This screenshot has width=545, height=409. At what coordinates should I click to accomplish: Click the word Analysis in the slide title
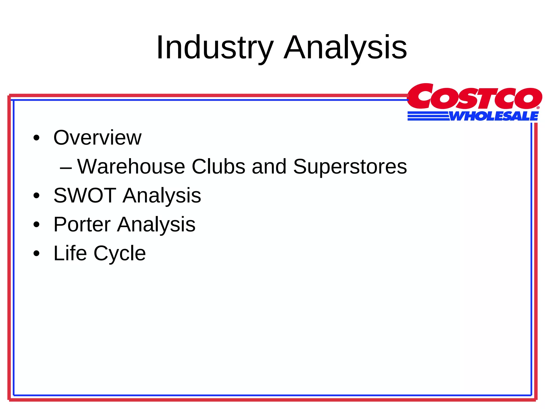[x=345, y=48]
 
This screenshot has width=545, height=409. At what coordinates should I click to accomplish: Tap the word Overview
[x=97, y=138]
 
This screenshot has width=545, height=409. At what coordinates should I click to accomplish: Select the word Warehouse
[x=131, y=167]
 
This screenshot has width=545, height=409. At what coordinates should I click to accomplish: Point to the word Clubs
[x=218, y=167]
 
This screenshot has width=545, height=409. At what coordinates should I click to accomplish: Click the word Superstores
[x=350, y=167]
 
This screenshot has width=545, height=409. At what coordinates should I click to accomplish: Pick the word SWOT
[x=85, y=195]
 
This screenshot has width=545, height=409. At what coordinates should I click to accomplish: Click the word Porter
[x=82, y=224]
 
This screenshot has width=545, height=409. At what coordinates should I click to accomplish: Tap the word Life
[x=70, y=253]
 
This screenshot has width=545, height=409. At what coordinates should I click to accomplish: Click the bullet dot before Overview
[x=36, y=138]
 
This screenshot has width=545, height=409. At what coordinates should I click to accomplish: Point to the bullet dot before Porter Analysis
[x=36, y=225]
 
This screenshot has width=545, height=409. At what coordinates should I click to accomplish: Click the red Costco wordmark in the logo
[x=474, y=96]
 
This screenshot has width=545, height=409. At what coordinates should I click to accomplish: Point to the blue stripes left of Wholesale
[x=428, y=116]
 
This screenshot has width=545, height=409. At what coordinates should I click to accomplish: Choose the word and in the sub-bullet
[x=269, y=167]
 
